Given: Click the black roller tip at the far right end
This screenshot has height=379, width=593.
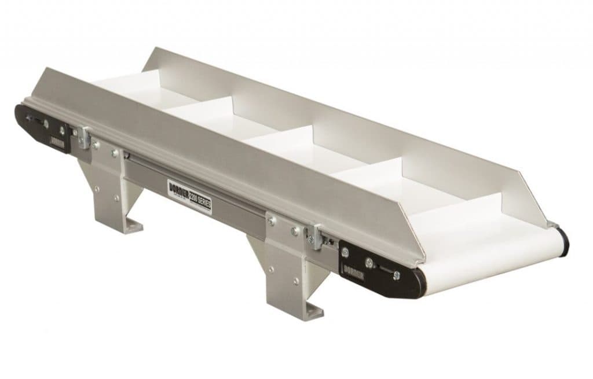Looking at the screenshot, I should [x=562, y=238].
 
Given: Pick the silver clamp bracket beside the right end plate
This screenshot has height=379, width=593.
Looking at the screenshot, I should [x=316, y=236].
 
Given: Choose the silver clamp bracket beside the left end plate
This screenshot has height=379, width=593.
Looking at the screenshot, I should [x=84, y=137].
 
